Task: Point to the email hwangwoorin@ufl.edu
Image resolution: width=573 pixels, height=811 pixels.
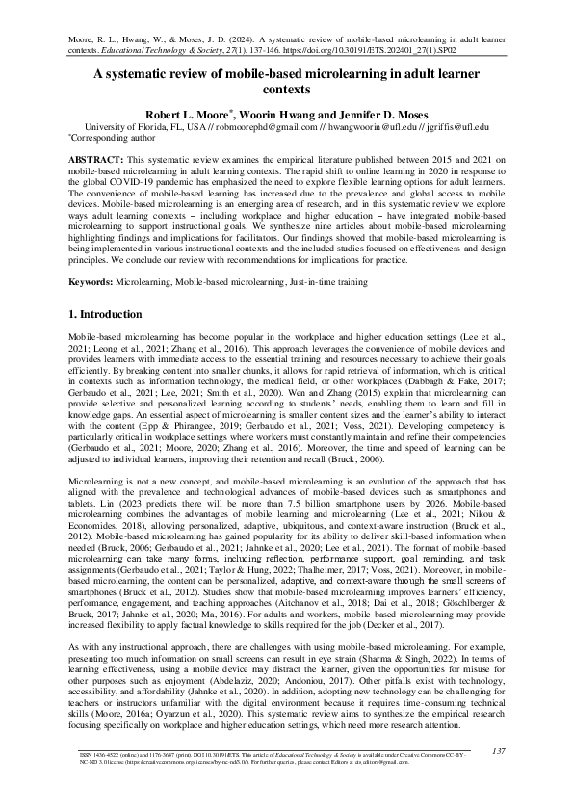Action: click(x=371, y=126)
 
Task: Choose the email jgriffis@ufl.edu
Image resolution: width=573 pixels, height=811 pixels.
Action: click(x=457, y=126)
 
